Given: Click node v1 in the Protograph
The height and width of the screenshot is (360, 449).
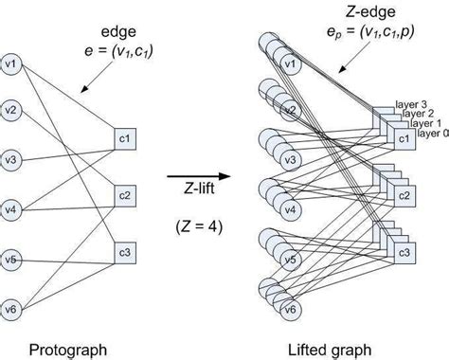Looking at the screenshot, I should tap(11, 66).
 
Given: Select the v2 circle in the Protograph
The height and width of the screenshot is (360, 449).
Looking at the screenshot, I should tap(11, 111).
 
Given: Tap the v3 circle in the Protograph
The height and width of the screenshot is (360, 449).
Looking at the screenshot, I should tap(11, 158).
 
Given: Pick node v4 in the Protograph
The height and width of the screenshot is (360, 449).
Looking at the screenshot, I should tap(11, 207).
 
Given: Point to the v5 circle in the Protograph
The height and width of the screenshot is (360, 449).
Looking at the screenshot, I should tap(11, 257).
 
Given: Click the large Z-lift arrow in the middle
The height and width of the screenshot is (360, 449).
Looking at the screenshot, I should tap(199, 176).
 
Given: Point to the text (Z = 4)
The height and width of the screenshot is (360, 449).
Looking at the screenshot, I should tap(198, 228).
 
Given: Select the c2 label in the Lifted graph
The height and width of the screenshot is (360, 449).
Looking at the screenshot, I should tap(404, 197).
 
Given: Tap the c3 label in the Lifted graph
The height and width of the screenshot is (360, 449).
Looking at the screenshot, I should tap(404, 253).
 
